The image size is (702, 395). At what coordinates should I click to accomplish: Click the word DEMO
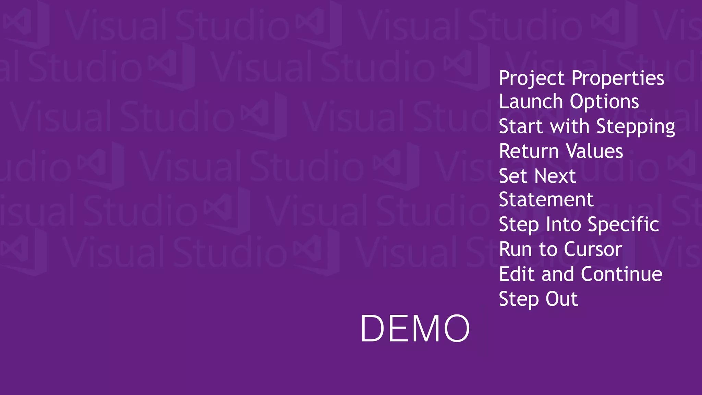(415, 328)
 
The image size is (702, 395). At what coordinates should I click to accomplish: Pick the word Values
(594, 151)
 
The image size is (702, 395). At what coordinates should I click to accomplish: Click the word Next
(555, 176)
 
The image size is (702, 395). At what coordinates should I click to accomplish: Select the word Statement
(546, 200)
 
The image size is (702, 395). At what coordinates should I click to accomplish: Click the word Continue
(621, 274)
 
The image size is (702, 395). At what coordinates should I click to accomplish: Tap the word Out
(561, 299)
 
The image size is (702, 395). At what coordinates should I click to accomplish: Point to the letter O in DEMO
(457, 328)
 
